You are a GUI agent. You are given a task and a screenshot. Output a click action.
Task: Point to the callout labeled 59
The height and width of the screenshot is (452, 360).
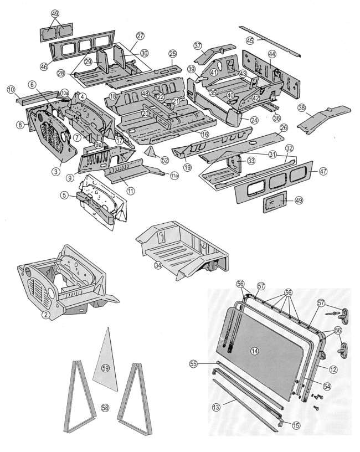pos(105,366)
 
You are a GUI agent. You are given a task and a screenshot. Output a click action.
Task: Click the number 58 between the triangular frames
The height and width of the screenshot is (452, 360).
pos(105,407)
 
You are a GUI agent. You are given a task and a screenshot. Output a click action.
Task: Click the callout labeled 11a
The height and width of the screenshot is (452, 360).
pos(173,176)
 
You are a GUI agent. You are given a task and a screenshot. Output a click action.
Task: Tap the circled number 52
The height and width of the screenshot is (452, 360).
pos(164,160)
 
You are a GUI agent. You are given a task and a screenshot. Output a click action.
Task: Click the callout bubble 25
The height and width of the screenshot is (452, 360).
pos(173,53)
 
